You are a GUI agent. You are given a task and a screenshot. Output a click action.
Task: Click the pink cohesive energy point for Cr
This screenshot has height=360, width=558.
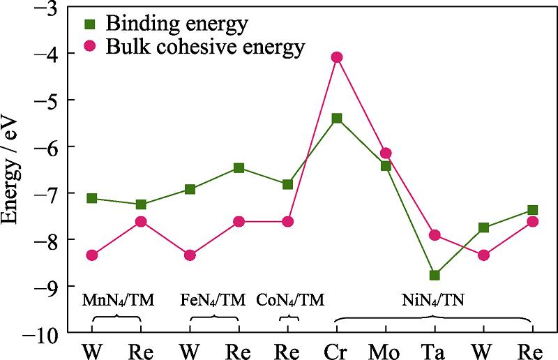(x=337, y=57)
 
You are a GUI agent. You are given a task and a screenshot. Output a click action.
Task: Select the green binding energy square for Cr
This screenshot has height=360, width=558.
(x=337, y=118)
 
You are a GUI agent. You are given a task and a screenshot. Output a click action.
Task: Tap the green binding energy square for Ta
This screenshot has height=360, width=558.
(x=435, y=275)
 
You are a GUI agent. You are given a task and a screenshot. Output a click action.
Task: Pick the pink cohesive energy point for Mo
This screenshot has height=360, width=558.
(x=386, y=153)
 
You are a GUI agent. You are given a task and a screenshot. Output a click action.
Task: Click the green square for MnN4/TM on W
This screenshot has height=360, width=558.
(x=92, y=198)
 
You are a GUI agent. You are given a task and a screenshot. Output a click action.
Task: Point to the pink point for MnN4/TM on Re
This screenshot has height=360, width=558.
(x=141, y=221)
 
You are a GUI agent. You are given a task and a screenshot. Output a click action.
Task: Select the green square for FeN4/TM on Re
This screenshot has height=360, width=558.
(x=239, y=167)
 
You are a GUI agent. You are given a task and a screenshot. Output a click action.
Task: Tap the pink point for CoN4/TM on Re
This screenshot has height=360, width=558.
(x=288, y=221)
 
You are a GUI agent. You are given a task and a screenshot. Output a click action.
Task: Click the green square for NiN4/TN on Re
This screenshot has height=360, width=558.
(x=532, y=210)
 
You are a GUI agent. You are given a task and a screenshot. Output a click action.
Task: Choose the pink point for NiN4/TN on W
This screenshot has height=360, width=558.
(x=483, y=255)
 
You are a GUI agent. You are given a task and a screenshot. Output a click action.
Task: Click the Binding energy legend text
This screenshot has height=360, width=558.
(x=176, y=25)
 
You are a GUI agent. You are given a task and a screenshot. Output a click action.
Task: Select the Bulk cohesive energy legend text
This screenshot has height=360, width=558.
(x=205, y=47)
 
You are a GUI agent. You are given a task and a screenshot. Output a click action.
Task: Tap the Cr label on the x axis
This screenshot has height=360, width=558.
(x=337, y=348)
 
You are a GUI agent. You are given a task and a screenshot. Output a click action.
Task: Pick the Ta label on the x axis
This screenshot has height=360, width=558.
(x=435, y=348)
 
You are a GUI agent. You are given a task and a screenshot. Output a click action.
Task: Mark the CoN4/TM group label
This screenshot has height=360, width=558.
(x=290, y=301)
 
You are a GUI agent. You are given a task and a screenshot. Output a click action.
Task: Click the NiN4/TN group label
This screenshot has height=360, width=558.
(x=433, y=301)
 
